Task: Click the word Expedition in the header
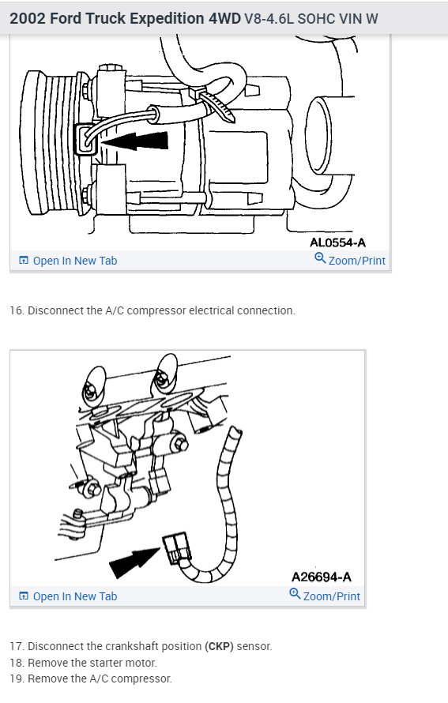167,18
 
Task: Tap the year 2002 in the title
28,18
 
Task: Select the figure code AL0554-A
337,242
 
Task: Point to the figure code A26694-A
321,577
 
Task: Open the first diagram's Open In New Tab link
68,261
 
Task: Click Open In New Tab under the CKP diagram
68,596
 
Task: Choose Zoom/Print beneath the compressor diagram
350,260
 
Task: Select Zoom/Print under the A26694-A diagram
325,596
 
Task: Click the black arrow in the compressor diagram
134,141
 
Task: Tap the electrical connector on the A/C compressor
85,140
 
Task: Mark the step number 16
16,310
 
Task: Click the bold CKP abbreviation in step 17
220,646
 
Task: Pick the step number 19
16,679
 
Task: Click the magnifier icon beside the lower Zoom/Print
295,594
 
